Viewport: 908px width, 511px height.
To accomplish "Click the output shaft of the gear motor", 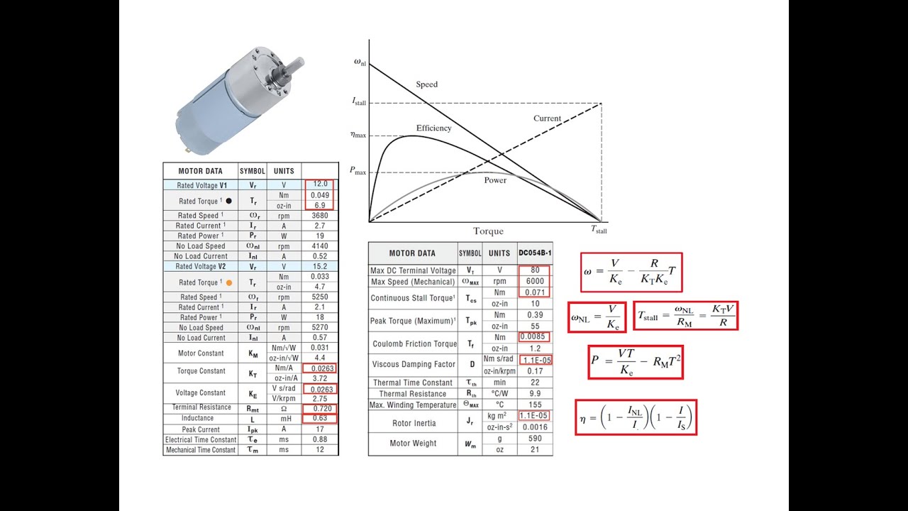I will (296, 67).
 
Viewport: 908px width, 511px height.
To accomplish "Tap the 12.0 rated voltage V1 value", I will (320, 185).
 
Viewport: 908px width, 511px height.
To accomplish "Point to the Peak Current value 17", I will (320, 429).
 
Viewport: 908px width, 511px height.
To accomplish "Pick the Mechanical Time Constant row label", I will (200, 450).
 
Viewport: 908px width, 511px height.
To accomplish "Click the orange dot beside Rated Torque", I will (228, 282).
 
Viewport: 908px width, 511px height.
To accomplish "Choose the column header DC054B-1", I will (535, 253).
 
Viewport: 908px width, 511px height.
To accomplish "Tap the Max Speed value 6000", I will (535, 282).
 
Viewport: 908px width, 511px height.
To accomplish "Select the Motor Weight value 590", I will (535, 439).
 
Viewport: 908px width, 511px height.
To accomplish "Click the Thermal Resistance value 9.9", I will (535, 394).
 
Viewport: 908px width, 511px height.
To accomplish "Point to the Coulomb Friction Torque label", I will (414, 344).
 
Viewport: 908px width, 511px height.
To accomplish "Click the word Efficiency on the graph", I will (433, 128).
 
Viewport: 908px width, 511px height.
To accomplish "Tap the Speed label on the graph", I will (426, 84).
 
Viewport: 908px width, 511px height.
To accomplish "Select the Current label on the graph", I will (547, 119).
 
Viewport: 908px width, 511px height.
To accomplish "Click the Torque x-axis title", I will (488, 231).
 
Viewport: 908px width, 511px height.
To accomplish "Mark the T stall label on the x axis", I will (599, 229).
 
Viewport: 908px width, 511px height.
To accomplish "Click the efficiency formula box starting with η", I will (635, 418).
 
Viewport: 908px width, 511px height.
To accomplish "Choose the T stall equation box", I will (685, 315).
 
